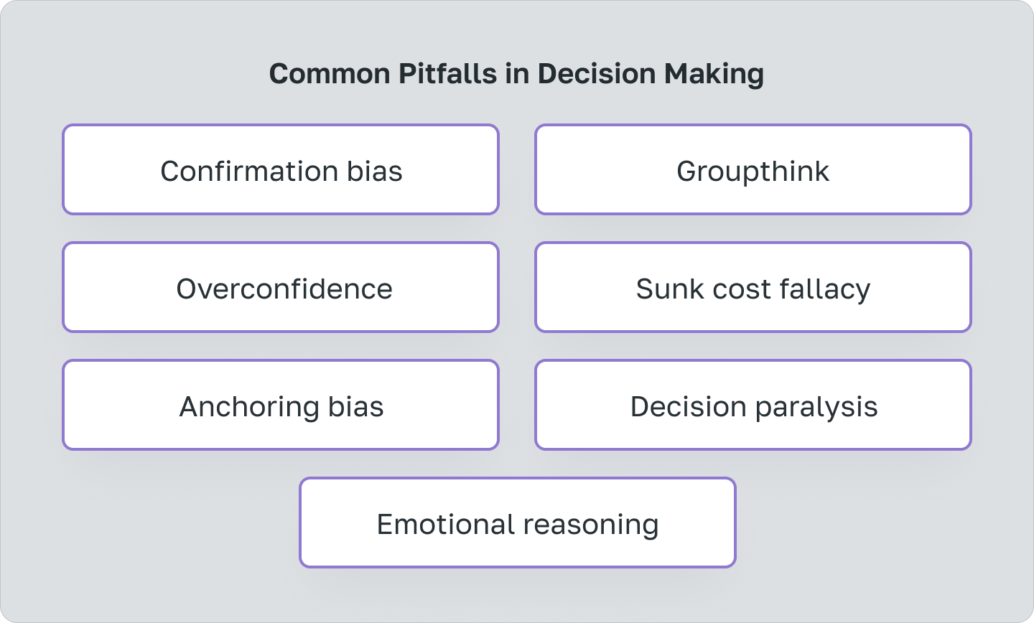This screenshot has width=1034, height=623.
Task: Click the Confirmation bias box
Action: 281,170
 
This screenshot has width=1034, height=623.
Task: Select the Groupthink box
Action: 753,170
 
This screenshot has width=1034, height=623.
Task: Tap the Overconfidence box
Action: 281,288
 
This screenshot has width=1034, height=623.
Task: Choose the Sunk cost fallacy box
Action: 753,288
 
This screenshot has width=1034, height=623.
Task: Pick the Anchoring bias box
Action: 281,406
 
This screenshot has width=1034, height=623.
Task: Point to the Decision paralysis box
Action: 753,406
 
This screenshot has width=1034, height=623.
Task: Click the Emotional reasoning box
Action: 518,523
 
